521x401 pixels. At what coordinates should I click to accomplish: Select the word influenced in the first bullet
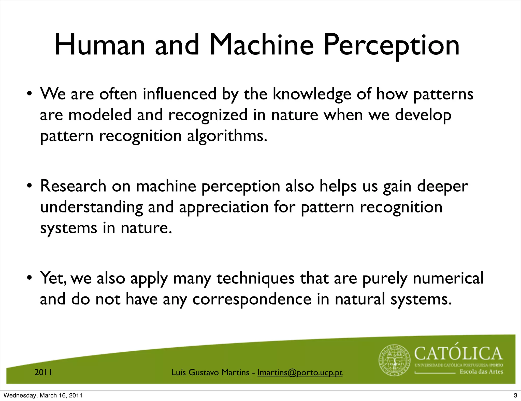pos(179,94)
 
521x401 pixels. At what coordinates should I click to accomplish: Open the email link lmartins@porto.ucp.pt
pos(300,373)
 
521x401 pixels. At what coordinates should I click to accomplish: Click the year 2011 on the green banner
pos(43,373)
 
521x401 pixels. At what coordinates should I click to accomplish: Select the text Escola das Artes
pos(481,372)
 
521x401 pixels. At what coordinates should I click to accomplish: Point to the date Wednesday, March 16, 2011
pos(43,395)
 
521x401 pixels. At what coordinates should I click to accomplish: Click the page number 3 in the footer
pos(515,395)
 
